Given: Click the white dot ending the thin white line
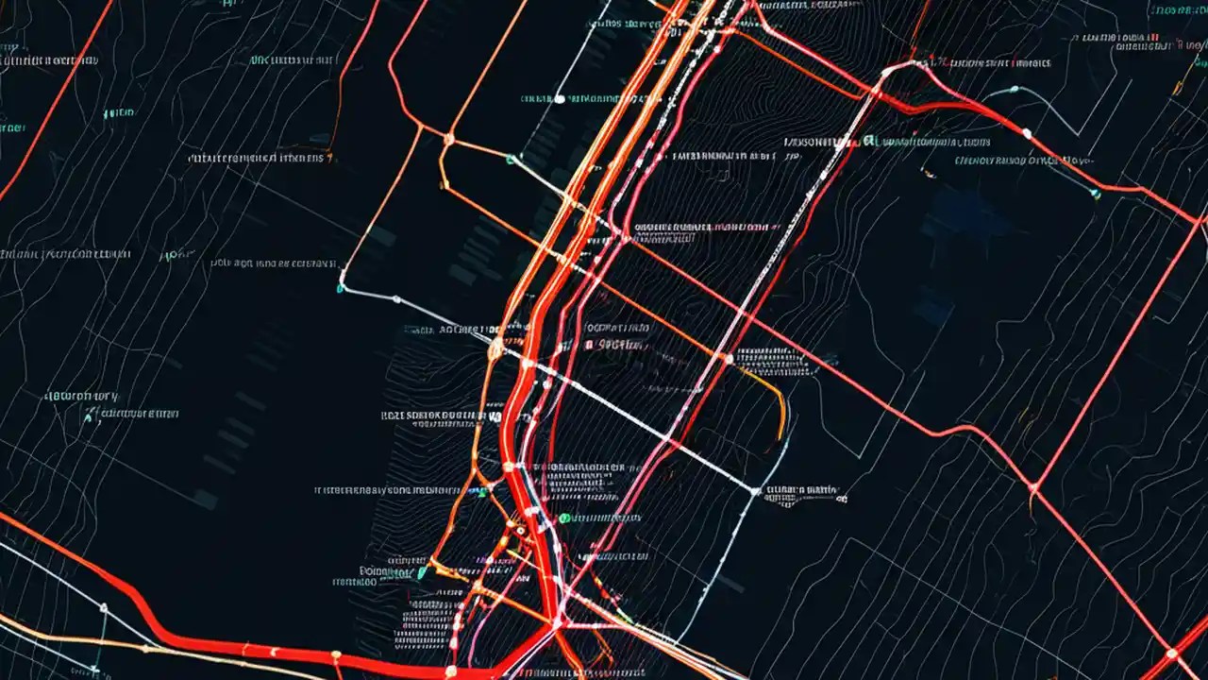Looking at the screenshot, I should (560, 98).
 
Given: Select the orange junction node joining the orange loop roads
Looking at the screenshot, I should (449, 140).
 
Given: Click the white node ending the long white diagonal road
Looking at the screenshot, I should (755, 490).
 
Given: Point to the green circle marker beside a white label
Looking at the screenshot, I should (563, 518).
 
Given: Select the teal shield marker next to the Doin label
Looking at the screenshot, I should (422, 571).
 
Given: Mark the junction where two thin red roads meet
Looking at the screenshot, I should (1033, 488).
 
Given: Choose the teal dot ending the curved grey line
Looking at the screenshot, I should (1096, 195).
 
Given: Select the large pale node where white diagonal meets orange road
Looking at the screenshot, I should (495, 349).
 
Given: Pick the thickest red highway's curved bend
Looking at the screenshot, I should (142, 604).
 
